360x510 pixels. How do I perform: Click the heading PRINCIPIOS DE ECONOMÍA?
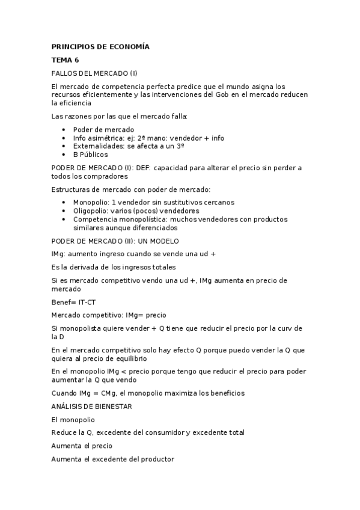tap(100, 46)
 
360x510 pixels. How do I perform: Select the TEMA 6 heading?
tap(65, 60)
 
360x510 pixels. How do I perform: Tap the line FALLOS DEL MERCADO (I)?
tap(95, 73)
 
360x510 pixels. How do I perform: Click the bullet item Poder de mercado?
tap(103, 129)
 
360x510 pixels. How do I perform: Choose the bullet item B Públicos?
tap(90, 155)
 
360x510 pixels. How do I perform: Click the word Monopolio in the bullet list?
tap(91, 203)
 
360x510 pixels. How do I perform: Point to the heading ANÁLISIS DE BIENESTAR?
tap(92, 407)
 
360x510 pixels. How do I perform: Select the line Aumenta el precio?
tap(82, 446)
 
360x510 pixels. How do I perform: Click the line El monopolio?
tap(73, 420)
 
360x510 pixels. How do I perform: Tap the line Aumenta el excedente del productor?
tap(113, 459)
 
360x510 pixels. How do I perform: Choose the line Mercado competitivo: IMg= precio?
tap(109, 315)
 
